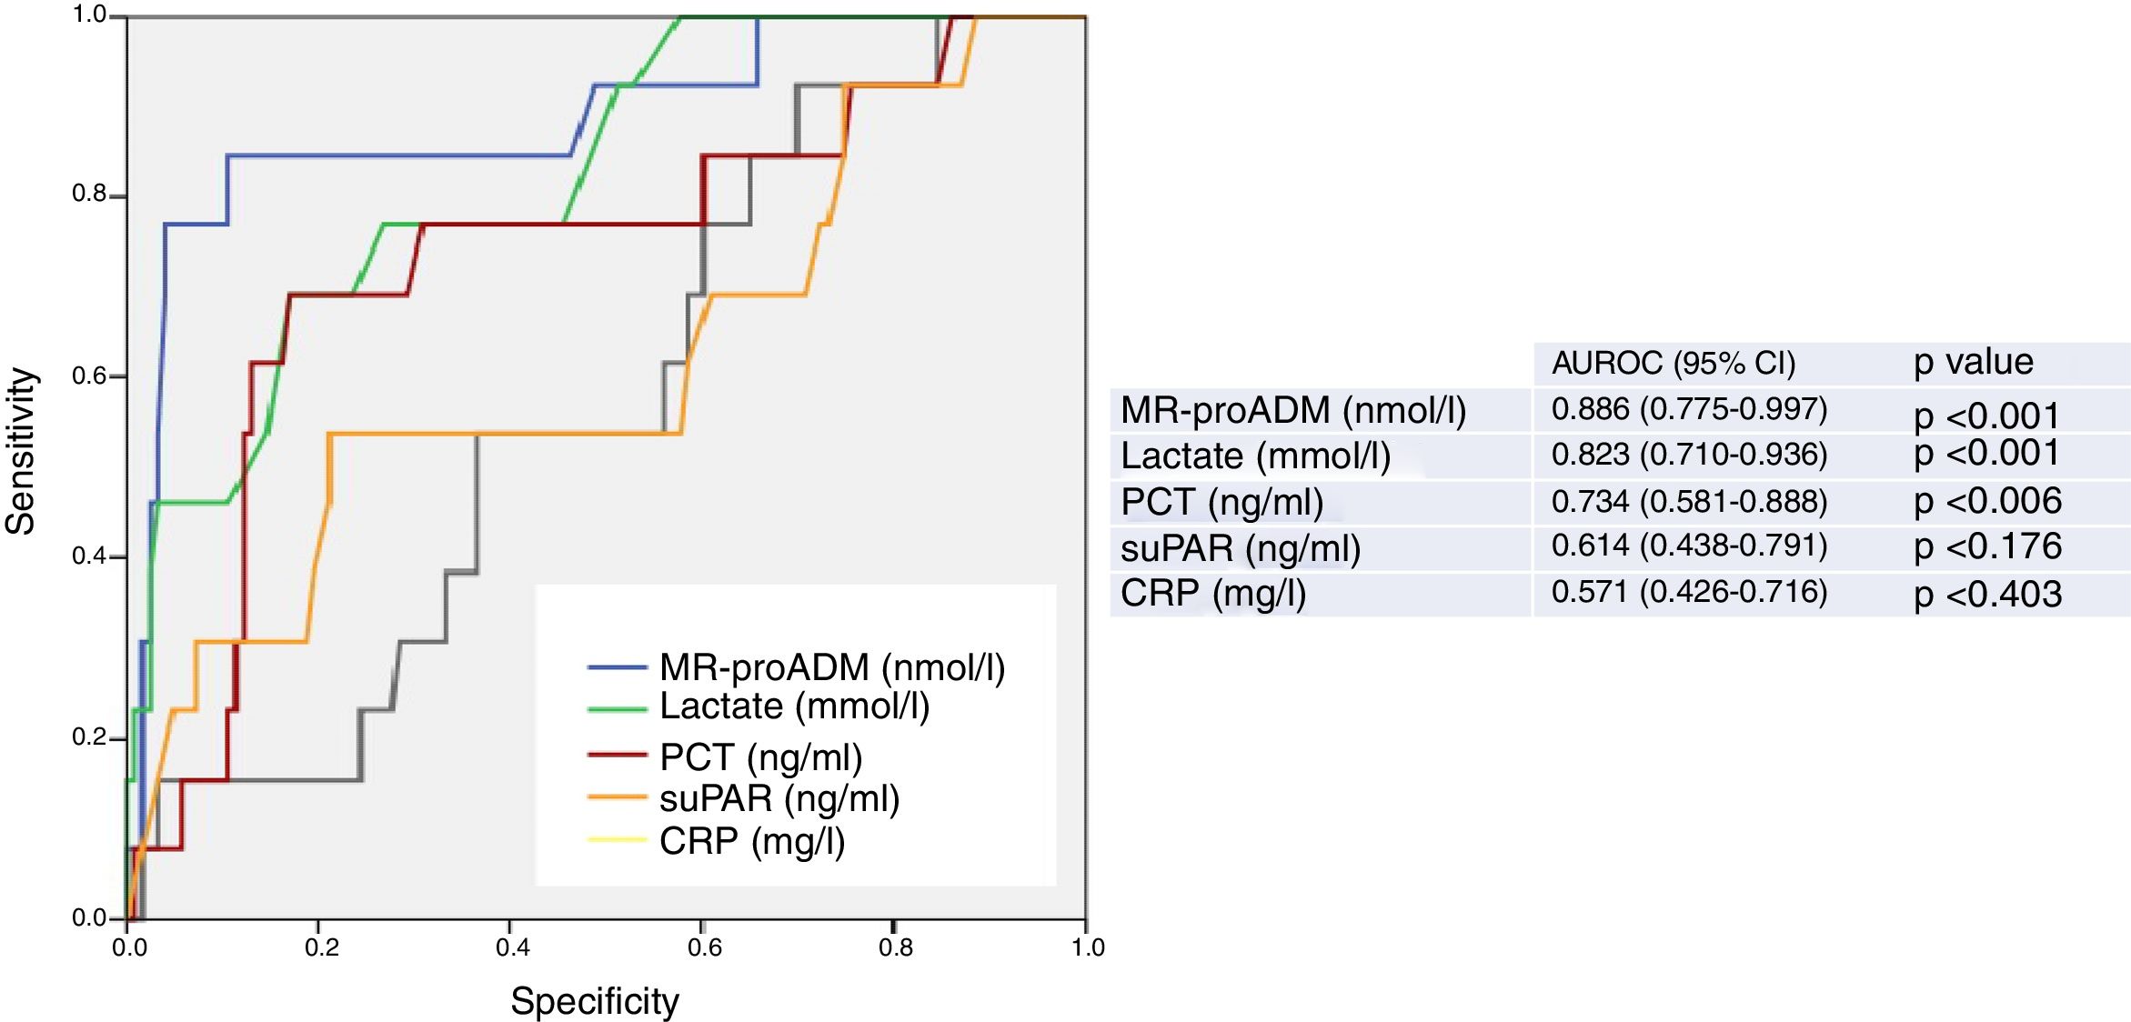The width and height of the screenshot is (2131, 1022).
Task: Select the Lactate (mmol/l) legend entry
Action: click(794, 706)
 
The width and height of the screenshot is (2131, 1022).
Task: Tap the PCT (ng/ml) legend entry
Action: click(760, 756)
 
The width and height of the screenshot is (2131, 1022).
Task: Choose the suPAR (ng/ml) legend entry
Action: click(779, 798)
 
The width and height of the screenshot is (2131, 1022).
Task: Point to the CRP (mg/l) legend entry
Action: click(752, 841)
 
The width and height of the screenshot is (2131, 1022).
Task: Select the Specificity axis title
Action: click(595, 1001)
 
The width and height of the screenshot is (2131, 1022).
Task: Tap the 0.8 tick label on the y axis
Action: click(89, 194)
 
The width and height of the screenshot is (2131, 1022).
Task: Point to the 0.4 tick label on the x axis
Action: click(512, 947)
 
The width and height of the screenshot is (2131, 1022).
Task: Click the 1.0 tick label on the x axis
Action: click(1087, 947)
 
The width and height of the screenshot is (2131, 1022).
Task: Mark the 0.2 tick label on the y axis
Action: click(89, 736)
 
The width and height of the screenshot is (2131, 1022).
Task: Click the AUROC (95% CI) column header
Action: click(1674, 363)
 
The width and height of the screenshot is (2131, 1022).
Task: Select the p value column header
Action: click(1973, 362)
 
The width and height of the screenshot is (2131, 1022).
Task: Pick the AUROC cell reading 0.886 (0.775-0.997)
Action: click(1689, 409)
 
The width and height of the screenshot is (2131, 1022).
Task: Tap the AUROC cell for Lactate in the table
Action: click(1689, 454)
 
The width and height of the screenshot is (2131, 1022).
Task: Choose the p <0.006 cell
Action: click(1987, 501)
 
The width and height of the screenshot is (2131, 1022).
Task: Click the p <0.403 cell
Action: click(1987, 594)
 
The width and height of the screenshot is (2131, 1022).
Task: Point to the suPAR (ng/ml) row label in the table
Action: click(1240, 548)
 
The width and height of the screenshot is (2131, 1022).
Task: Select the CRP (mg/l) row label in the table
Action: click(1212, 593)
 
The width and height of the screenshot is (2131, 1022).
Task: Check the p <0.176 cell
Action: click(1987, 546)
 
